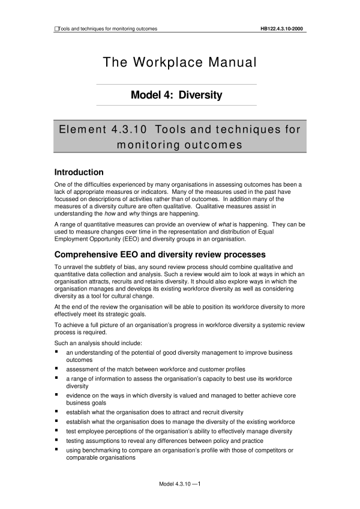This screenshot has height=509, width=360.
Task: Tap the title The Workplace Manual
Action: point(180,62)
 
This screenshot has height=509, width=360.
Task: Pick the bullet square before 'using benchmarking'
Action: point(56,450)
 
